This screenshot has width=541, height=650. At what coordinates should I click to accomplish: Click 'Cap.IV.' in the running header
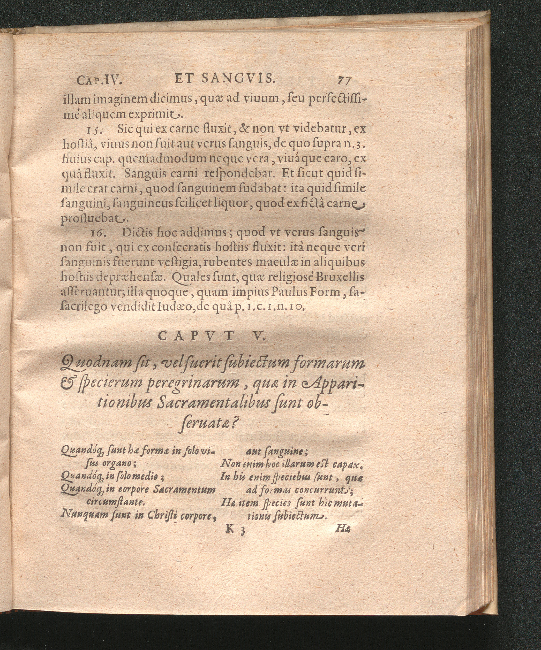[100, 81]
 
